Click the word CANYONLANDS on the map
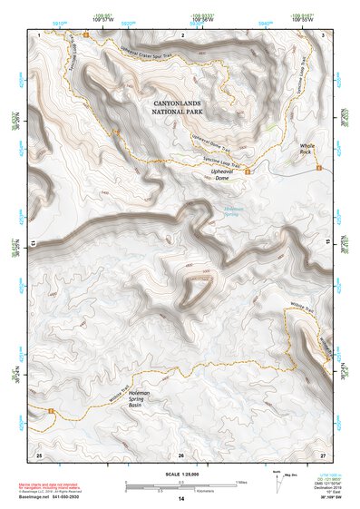point(181,106)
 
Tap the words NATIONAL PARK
point(181,116)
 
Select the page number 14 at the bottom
point(181,499)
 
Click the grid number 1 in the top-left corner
point(40,34)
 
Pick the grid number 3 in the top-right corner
point(324,34)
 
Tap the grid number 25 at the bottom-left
point(39,453)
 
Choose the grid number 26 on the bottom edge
point(181,454)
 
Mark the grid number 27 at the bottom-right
point(323,453)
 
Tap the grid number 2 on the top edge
point(182,34)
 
